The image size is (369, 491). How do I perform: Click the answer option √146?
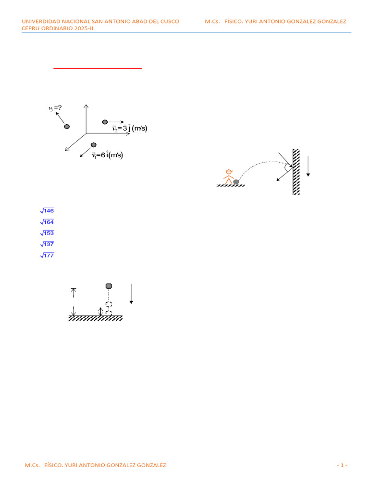[47, 210]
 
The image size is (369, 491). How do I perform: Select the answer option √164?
[47, 222]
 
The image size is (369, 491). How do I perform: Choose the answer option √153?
[47, 233]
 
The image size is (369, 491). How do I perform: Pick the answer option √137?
[47, 244]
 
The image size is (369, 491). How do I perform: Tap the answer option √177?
[47, 255]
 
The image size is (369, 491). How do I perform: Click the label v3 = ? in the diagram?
[55, 108]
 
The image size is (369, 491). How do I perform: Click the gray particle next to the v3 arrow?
[67, 127]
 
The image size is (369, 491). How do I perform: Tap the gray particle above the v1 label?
[94, 145]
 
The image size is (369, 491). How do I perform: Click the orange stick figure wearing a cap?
[228, 176]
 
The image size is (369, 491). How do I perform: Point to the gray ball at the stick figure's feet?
[236, 182]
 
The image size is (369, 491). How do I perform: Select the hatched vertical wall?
[296, 172]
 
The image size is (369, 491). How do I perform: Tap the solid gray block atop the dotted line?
[109, 286]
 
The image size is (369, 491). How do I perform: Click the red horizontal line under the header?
[98, 69]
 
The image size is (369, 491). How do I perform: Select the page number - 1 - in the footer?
[342, 465]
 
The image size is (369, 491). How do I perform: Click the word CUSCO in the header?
[170, 22]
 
